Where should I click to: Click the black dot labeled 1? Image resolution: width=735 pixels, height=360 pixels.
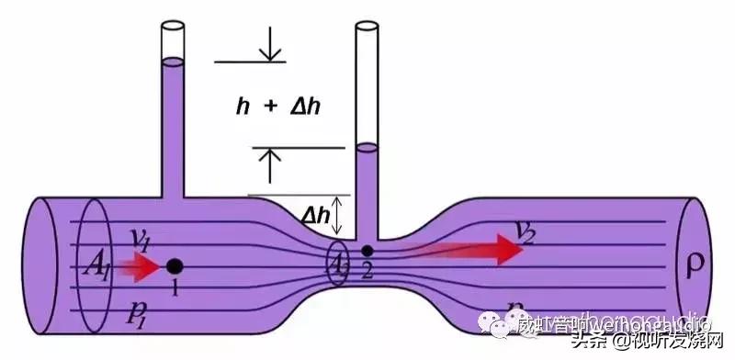click(x=174, y=266)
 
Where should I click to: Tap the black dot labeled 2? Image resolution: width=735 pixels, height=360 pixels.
click(x=367, y=250)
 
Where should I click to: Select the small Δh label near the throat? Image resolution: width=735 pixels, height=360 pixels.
click(x=315, y=215)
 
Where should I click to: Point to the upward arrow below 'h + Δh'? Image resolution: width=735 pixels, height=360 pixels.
click(x=269, y=163)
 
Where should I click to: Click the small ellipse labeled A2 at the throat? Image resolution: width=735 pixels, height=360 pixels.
click(x=337, y=265)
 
